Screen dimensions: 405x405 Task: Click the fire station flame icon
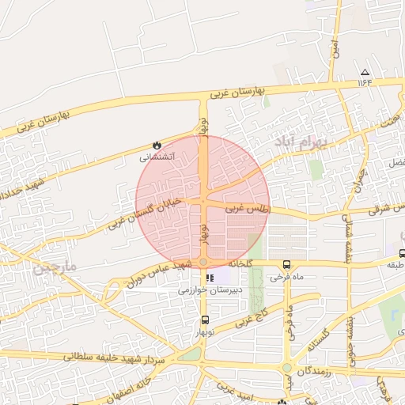click(157, 146)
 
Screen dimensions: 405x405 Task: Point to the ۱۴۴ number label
click(365, 81)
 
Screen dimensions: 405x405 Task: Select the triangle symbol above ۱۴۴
click(365, 71)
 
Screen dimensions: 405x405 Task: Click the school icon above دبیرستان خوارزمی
click(210, 278)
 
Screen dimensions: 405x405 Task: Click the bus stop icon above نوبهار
click(206, 320)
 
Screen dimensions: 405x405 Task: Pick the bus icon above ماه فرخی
click(286, 265)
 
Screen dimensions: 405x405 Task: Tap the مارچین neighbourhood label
click(54, 268)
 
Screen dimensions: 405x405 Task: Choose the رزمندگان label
click(320, 369)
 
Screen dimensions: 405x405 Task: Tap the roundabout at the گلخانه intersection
click(203, 262)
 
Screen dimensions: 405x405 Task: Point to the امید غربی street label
click(235, 392)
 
